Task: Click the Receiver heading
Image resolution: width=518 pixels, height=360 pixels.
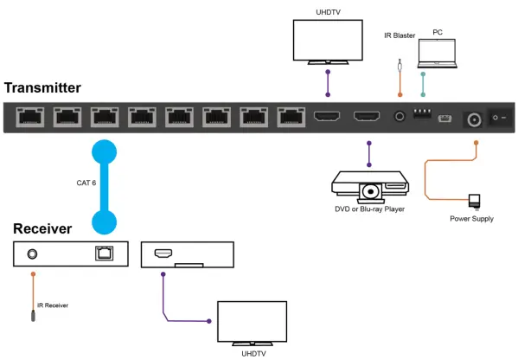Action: click(x=42, y=229)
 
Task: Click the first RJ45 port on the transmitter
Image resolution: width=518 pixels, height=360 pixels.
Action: click(x=29, y=117)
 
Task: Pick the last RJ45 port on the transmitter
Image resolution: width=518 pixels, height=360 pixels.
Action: click(x=289, y=117)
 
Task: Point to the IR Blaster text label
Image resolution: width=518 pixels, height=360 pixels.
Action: click(x=400, y=35)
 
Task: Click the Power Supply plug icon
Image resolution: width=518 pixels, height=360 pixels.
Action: click(x=475, y=200)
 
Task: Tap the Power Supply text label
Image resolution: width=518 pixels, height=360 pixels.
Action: click(x=471, y=219)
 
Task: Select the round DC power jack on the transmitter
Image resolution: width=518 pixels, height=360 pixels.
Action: click(x=474, y=118)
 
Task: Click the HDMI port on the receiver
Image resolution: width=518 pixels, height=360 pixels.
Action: click(x=163, y=254)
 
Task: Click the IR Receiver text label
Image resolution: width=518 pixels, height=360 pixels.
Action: click(x=51, y=305)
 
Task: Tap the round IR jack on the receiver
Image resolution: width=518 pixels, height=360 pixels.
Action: click(x=32, y=254)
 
